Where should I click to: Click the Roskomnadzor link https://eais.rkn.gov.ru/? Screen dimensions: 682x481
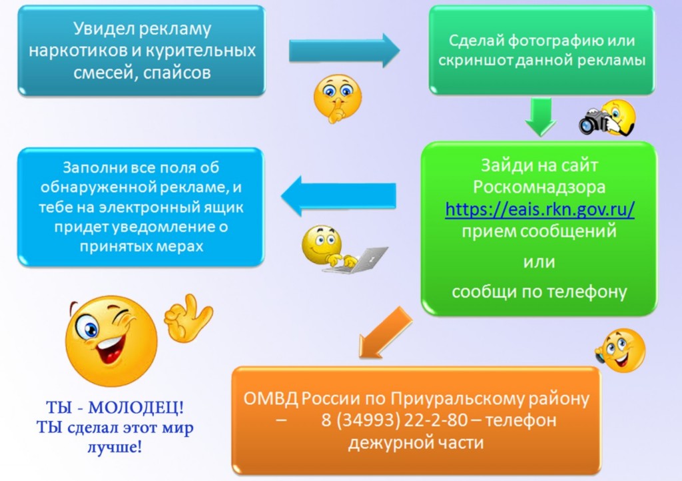coord(539,209)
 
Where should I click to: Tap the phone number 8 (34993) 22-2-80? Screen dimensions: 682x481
coord(394,420)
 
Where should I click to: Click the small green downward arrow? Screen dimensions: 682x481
coord(541,117)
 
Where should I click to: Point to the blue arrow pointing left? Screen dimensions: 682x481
coord(339,196)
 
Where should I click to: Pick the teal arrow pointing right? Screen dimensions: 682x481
coord(344,51)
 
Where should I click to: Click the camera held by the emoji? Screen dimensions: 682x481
coord(594,121)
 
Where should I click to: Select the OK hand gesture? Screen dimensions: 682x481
coord(188,318)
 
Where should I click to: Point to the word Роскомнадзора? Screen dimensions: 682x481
coord(539,187)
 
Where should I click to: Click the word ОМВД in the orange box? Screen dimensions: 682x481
coord(270,398)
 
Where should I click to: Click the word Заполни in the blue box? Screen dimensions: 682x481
coord(91,167)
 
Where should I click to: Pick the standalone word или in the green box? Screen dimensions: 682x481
coord(539,262)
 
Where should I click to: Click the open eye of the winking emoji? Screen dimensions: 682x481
coord(87,327)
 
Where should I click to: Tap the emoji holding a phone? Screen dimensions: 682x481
coord(621,351)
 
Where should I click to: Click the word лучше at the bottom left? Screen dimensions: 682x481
coord(115,447)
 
